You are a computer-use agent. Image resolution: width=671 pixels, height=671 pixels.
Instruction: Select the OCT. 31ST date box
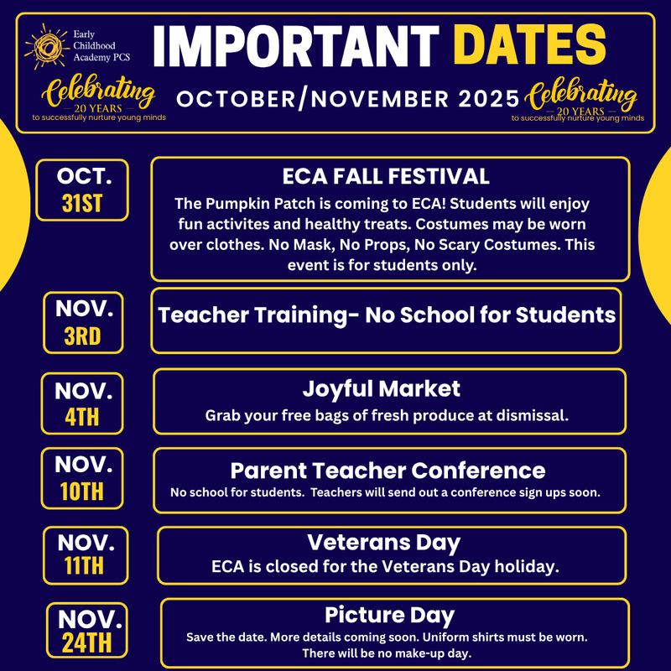(82, 190)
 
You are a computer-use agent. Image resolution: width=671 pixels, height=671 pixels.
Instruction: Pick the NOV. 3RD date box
(83, 321)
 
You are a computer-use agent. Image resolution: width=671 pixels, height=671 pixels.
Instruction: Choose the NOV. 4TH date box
(83, 403)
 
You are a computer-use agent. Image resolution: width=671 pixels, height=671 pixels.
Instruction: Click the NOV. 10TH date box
(83, 478)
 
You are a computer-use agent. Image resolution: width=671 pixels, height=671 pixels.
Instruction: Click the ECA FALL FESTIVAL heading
(387, 176)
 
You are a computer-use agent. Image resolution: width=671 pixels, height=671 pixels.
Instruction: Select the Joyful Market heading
(381, 389)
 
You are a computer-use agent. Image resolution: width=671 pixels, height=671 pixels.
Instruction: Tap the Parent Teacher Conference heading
(388, 470)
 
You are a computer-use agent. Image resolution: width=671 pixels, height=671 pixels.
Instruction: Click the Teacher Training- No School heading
(387, 315)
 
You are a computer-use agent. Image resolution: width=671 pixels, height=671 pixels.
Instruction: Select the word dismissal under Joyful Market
(532, 415)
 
